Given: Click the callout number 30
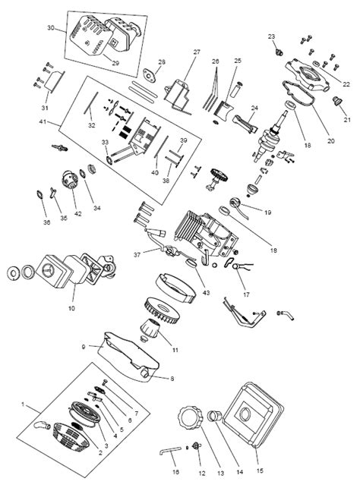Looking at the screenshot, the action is click(x=51, y=28).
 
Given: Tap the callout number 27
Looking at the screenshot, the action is click(x=197, y=52).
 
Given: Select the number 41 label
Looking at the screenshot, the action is click(x=43, y=121).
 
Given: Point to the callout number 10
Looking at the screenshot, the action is click(x=71, y=308).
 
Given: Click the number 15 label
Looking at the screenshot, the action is click(x=260, y=471).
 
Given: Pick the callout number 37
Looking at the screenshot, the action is click(x=137, y=255).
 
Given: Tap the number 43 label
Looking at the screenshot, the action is click(x=206, y=293).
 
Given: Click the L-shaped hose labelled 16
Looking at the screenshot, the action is click(x=170, y=450).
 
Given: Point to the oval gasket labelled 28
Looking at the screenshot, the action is click(x=150, y=75).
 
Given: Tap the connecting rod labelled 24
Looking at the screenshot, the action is click(x=245, y=124).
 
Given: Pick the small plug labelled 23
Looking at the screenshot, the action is click(x=279, y=52).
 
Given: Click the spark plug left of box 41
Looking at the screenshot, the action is click(x=60, y=147).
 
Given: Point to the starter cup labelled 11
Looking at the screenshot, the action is click(x=151, y=328).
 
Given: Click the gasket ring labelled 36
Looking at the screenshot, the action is click(x=39, y=194).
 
